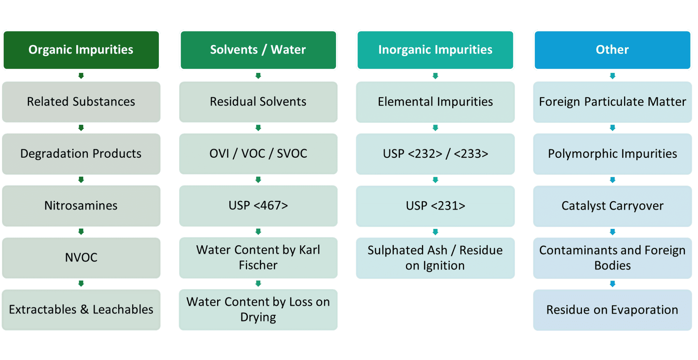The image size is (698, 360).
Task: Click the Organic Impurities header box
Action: point(81,50)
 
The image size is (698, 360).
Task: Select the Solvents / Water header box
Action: point(258,50)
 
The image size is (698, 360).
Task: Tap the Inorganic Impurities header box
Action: point(435,50)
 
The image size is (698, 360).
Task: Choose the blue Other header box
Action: point(612,50)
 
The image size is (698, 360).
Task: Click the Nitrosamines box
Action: point(81,206)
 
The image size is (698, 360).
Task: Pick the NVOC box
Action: point(81,258)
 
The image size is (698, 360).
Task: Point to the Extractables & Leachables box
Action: point(81,310)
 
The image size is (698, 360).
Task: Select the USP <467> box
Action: point(258,206)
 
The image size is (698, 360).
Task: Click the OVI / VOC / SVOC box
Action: point(258,154)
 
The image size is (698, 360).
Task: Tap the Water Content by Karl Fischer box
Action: point(258,258)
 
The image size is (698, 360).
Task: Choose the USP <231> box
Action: point(435,206)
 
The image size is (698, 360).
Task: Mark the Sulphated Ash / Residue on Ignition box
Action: point(435,258)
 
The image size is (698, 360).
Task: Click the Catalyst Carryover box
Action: point(612,206)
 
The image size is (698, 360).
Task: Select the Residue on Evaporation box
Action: point(612,310)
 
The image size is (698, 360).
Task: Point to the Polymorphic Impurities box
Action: point(612,154)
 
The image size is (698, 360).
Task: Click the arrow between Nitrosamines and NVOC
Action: point(81,232)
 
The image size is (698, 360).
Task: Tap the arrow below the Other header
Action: point(612,76)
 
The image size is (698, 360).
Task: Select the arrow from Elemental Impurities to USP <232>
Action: point(435,128)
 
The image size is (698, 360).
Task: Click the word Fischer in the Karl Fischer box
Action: point(258,265)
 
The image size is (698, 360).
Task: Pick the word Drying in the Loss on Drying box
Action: point(258,317)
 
